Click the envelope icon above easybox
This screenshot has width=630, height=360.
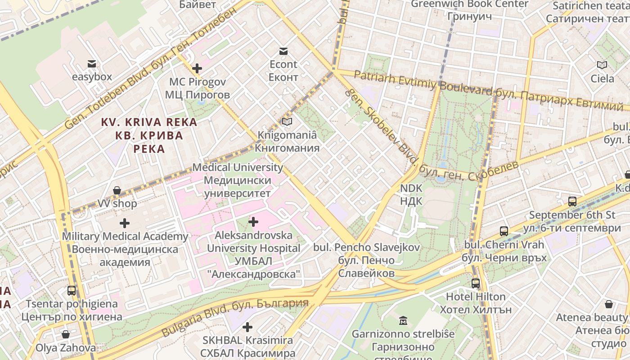tap(92, 63)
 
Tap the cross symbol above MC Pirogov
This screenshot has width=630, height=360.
tap(197, 69)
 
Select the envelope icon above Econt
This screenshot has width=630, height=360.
tap(283, 51)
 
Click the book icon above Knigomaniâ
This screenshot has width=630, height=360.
tap(287, 121)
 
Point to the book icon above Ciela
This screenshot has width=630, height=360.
tap(602, 65)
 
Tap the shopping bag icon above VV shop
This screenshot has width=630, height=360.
tap(117, 190)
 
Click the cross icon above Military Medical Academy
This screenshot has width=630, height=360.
tap(125, 223)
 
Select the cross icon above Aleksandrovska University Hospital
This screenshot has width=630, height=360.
tap(253, 221)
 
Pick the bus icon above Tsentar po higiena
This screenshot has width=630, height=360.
tap(72, 290)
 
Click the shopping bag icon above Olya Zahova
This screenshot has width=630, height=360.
tap(66, 334)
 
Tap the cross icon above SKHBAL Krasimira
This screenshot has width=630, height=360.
tap(247, 327)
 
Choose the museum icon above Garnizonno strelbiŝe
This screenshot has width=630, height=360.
tap(403, 321)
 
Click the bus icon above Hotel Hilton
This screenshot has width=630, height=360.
tap(476, 283)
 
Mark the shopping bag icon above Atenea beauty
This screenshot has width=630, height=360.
tap(609, 304)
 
